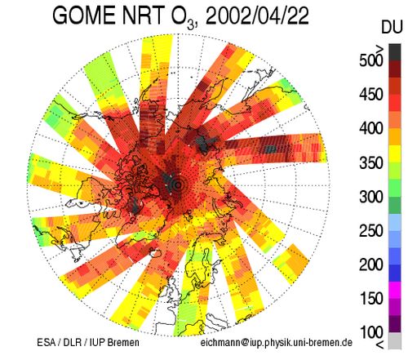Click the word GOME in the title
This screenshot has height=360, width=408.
coord(85,16)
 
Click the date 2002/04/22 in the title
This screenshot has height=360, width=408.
coord(257,16)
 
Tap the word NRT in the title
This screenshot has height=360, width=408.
coord(143,16)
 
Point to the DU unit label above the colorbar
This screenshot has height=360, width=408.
coord(392,27)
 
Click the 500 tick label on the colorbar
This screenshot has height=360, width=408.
coord(371,60)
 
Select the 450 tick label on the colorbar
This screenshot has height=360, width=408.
coord(371,94)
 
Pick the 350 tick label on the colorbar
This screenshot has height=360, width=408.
coord(371,162)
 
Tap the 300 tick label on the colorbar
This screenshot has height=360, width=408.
coord(371,197)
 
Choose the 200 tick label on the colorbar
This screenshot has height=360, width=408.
coord(371,264)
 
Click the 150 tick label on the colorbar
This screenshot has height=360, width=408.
coord(371,299)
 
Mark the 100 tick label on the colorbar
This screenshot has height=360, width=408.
coord(371,332)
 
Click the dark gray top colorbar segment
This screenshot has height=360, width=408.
coord(395,52)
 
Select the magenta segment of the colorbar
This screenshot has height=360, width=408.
coord(395,290)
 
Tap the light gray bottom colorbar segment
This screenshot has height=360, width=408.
coord(395,340)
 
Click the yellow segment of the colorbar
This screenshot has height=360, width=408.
coord(395,154)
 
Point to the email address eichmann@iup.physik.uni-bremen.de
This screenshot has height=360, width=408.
coord(277,343)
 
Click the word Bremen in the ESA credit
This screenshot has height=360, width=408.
coord(123,342)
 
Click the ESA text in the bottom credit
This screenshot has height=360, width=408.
coord(46,342)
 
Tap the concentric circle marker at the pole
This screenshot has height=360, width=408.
coord(178,184)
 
